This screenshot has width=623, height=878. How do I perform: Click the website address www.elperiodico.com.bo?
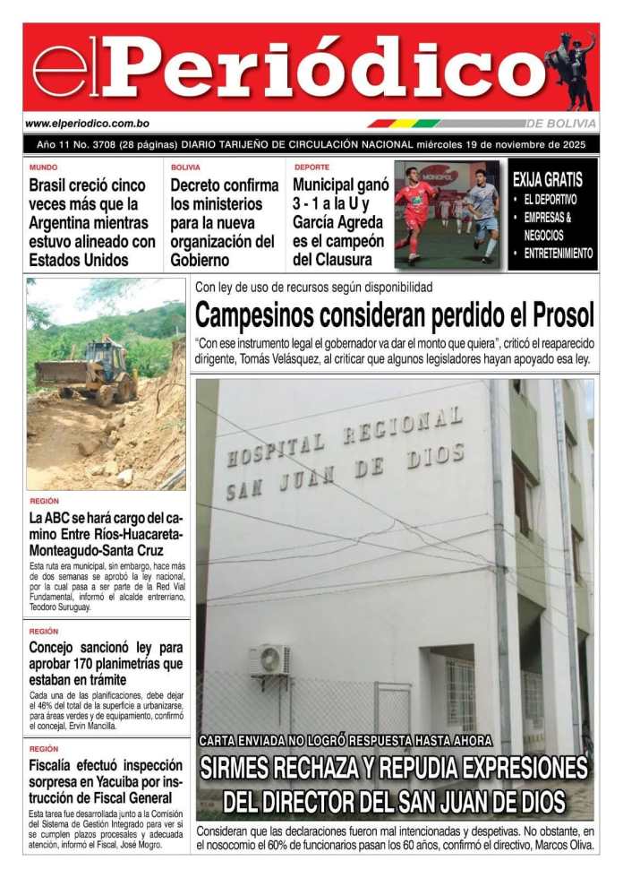click(x=87, y=124)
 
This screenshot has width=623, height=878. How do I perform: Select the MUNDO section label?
click(x=43, y=168)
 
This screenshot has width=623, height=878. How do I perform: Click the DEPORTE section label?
click(x=311, y=168)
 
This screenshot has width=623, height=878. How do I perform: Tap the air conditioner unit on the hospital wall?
click(x=269, y=660)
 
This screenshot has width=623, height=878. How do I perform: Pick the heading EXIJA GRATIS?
click(x=547, y=179)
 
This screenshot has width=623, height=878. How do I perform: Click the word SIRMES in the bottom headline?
click(x=244, y=768)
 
